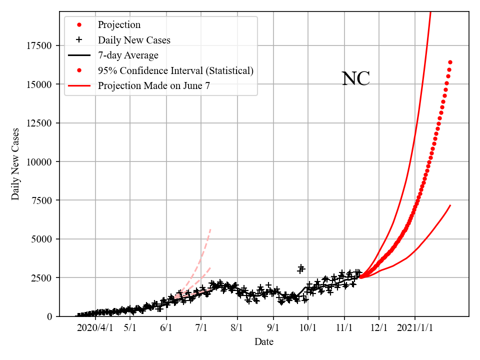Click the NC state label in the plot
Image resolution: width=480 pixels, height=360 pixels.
pos(355,79)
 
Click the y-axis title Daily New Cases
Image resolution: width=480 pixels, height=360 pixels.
pos(15,164)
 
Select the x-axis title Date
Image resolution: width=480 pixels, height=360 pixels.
pos(263,342)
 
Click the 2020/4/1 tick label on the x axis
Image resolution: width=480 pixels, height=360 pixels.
pos(94,328)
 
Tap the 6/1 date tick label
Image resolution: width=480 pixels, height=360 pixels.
pos(166,328)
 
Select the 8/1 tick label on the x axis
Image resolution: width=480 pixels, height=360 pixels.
pos(237,328)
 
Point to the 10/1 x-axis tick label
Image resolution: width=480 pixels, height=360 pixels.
pos(308,328)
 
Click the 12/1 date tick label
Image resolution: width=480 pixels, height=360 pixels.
pos(379,328)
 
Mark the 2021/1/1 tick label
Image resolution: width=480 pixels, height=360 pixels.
pos(415,328)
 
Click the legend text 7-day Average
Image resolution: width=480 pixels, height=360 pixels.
pos(128,55)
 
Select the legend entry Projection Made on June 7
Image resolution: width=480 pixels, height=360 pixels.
pos(153,85)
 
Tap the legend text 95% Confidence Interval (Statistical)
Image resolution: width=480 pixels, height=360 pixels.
pos(175,70)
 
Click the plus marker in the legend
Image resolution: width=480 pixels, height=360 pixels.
pos(79,40)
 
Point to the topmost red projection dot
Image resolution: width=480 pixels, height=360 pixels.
pos(450,62)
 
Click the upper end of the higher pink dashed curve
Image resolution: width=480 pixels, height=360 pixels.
pos(210,229)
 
